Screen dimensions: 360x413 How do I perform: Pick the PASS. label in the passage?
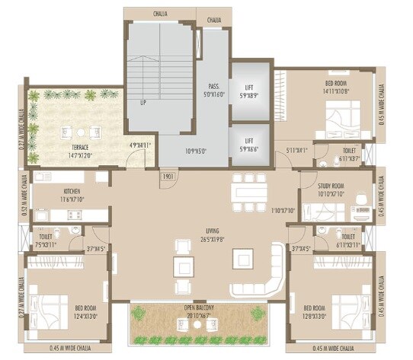[213, 86]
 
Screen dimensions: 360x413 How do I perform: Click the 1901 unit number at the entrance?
[168, 178]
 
